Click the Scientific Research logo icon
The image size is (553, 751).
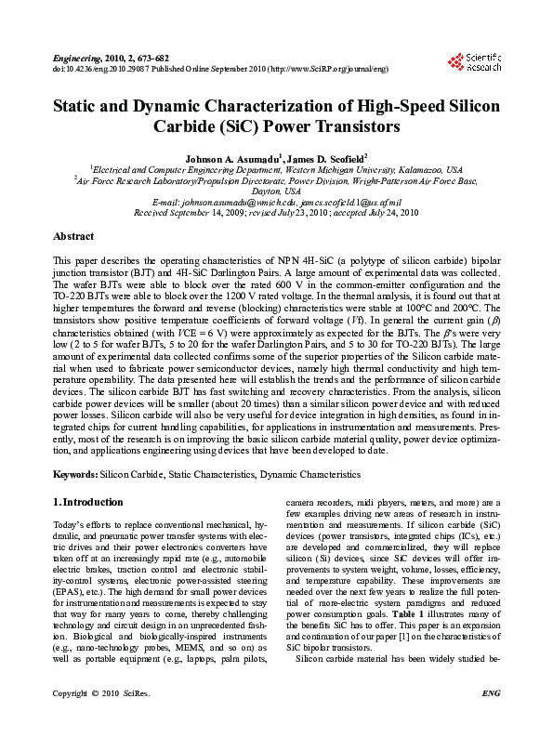(x=455, y=62)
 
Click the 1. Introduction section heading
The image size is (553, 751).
(x=88, y=503)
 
